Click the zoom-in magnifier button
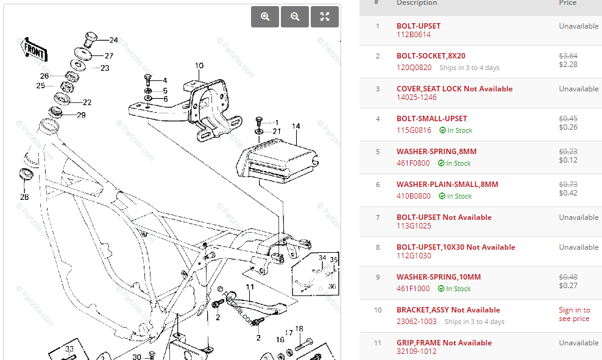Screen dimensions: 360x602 pos(265,17)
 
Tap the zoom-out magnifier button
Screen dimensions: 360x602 pos(295,17)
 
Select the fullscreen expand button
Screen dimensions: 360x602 pos(325,17)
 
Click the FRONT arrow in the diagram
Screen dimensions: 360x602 pos(34,50)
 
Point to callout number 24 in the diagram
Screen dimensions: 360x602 pos(113,40)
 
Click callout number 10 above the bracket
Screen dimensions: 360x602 pos(199,66)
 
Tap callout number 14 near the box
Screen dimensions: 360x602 pos(296,126)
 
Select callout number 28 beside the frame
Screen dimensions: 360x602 pos(24,197)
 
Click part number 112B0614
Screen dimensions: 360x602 pos(414,35)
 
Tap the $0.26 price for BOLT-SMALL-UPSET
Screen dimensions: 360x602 pos(568,127)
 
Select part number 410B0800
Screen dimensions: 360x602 pos(414,196)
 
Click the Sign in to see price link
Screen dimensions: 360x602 pos(574,314)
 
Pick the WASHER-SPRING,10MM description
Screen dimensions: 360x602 pos(439,277)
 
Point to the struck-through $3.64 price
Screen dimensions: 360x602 pos(568,56)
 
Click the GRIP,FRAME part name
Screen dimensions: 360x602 pos(419,343)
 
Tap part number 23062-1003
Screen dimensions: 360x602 pos(417,322)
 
